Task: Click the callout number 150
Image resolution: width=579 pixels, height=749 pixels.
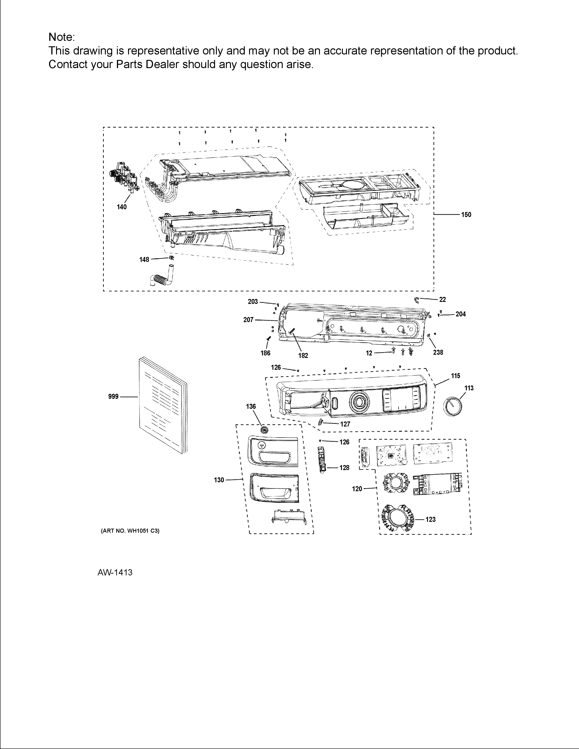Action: [x=466, y=215]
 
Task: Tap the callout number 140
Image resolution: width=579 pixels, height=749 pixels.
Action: [x=122, y=207]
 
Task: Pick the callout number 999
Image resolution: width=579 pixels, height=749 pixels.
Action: [x=113, y=397]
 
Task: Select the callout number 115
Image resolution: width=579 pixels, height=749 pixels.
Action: [x=455, y=376]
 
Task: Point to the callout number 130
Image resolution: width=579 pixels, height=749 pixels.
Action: [x=219, y=480]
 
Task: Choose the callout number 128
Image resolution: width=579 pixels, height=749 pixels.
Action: [x=344, y=468]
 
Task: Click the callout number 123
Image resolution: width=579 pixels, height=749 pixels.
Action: [x=431, y=520]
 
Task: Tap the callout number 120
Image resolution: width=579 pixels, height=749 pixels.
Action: [x=357, y=489]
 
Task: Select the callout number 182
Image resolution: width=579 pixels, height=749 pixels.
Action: [x=303, y=356]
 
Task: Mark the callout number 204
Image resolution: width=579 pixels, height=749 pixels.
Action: [x=461, y=314]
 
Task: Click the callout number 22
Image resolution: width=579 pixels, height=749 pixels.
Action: [x=443, y=300]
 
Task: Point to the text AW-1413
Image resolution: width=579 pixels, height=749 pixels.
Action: [x=115, y=572]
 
